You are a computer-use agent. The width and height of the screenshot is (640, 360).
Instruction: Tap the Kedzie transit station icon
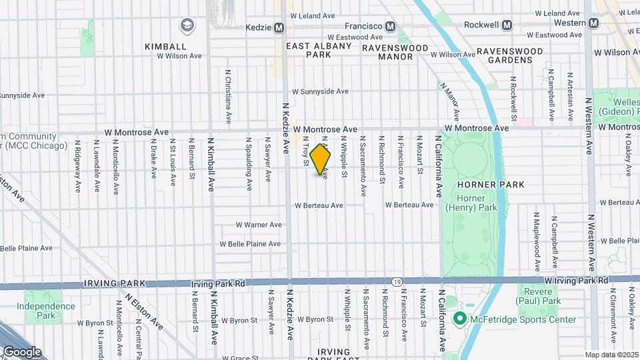coord(279,27)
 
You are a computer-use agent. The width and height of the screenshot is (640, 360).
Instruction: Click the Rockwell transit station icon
coord(507,25)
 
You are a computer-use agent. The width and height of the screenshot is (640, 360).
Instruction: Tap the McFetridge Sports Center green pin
coord(459,319)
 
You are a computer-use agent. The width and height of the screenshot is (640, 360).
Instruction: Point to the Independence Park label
coord(46,311)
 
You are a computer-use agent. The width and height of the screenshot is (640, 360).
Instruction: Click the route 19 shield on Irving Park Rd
coord(396,282)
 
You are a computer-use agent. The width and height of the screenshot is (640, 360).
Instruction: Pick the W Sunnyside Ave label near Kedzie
coord(320,91)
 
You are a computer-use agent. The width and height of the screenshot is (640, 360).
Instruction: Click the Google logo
coord(22,352)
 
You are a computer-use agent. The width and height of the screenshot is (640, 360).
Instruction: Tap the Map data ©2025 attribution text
coord(611,355)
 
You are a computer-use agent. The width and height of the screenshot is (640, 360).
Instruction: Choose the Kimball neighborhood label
coord(166,47)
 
